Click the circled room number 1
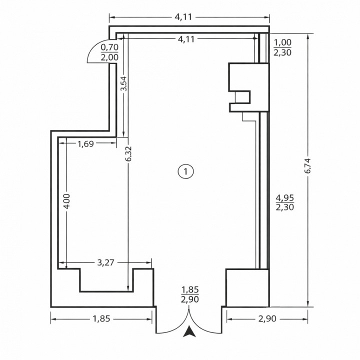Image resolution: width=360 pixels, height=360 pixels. pos(185,171)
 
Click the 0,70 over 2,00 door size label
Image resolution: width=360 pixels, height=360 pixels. pos(109,52)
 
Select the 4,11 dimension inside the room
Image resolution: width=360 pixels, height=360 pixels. pos(186,39)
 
